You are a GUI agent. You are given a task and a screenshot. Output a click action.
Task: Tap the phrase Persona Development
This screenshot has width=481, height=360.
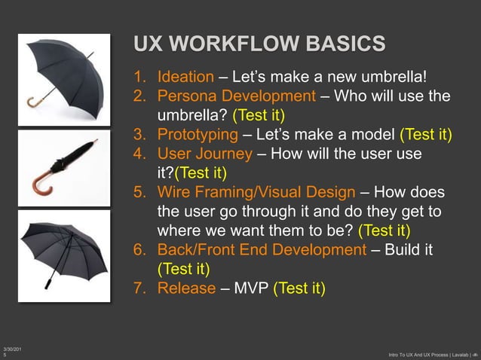click(x=236, y=96)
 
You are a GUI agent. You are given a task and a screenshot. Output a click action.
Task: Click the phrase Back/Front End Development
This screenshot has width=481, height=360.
click(x=261, y=249)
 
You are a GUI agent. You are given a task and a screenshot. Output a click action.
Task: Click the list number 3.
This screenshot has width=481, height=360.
click(x=139, y=136)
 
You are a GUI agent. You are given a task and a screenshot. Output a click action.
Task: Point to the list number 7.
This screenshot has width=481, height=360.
click(x=139, y=288)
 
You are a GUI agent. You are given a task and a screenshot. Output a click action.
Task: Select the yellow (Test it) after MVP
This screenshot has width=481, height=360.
click(x=299, y=288)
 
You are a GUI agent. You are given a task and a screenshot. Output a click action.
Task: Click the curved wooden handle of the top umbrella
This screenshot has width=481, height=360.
click(x=35, y=102)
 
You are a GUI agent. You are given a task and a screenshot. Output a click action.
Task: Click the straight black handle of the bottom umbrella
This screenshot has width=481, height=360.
click(x=50, y=281)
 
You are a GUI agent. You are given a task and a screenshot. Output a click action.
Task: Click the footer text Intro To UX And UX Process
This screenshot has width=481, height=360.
click(x=423, y=354)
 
